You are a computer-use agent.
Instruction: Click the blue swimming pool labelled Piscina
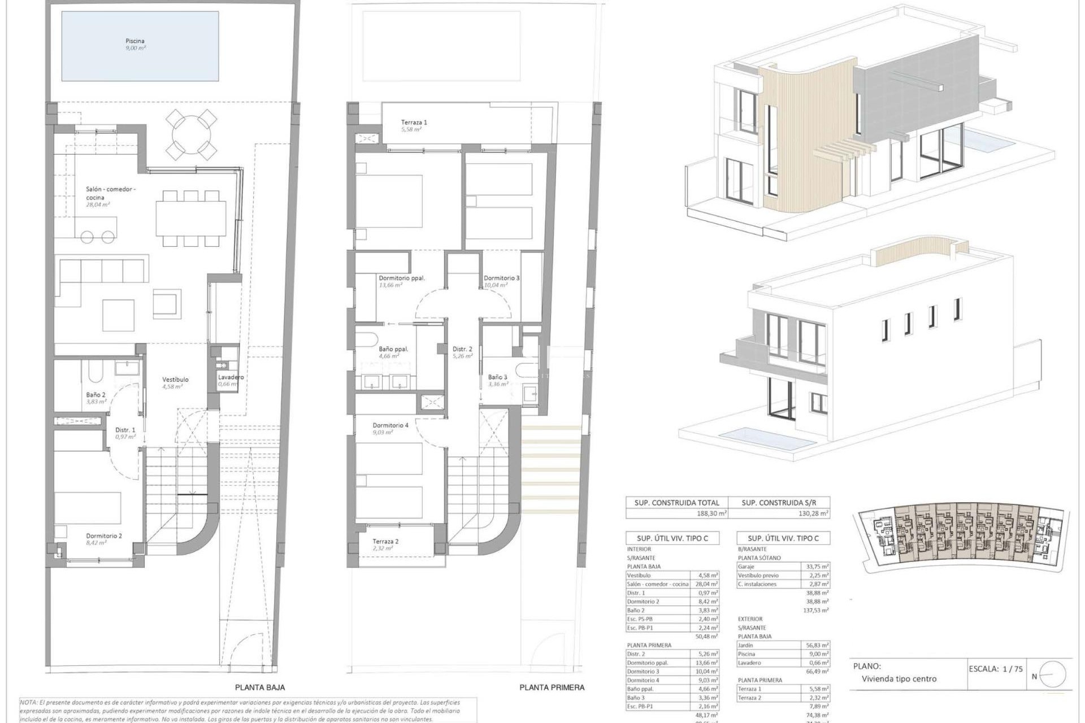coord(140,46)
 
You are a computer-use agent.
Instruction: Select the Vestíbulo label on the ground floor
coord(175,380)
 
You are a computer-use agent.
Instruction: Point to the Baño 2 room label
coord(96,395)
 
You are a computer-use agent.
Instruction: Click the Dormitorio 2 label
coord(104,536)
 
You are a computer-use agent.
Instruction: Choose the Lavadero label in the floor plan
coord(231,377)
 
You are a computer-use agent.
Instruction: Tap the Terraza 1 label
coord(414,122)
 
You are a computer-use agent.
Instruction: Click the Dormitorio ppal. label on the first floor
coord(401,278)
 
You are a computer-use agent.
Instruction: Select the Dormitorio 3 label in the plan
coord(501,278)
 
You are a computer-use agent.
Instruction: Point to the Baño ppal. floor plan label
coord(393,349)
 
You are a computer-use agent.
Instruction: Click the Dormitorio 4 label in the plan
coord(390,425)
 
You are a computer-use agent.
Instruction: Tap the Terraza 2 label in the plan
coord(385,541)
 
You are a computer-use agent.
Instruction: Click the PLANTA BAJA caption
coord(260,687)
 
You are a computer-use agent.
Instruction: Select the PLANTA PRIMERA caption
coord(552,687)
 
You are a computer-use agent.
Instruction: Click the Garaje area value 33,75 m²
coord(816,567)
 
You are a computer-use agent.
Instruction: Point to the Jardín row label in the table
coord(747,645)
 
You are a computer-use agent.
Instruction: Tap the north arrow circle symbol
coord(1052,674)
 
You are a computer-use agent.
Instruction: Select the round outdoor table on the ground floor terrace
coord(192,135)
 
